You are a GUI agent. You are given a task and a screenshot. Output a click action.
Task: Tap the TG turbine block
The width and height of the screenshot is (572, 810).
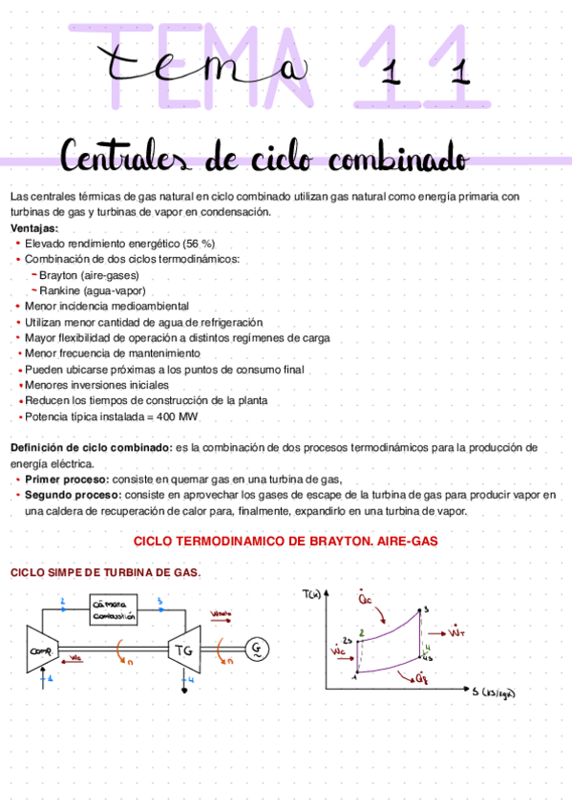tap(183, 651)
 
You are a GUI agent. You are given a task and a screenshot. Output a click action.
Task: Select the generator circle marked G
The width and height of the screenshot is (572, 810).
tap(257, 650)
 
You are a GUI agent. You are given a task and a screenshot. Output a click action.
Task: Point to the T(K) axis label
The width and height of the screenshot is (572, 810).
tap(311, 595)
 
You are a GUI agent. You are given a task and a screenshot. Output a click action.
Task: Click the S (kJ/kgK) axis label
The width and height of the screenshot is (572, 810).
tap(493, 692)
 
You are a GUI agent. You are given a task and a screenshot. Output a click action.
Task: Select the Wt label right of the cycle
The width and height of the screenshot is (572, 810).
tap(458, 632)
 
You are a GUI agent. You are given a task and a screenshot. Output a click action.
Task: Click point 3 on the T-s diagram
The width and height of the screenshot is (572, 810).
tap(426, 608)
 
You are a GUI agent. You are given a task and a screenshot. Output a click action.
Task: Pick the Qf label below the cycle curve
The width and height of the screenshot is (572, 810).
tap(420, 677)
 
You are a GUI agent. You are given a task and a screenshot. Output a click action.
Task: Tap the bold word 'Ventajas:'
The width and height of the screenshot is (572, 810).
tap(33, 229)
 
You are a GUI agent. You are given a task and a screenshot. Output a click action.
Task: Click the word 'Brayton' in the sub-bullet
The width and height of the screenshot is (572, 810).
tap(61, 275)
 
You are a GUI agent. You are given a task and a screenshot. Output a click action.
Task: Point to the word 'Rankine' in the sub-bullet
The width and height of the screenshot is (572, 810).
tap(61, 290)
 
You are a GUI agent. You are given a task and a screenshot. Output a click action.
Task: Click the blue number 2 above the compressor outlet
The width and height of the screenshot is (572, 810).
tap(63, 601)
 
